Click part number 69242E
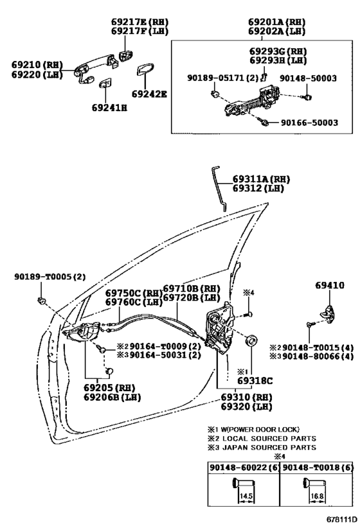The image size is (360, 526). click(149, 94)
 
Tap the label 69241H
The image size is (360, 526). click(109, 108)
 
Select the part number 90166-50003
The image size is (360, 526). click(309, 123)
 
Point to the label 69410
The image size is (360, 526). click(329, 285)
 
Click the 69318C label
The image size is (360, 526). click(255, 381)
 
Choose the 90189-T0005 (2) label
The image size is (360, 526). click(50, 277)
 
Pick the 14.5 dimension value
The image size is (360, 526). click(246, 496)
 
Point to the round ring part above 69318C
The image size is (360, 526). click(252, 341)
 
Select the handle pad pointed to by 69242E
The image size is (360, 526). click(145, 69)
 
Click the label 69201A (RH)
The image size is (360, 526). click(276, 22)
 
